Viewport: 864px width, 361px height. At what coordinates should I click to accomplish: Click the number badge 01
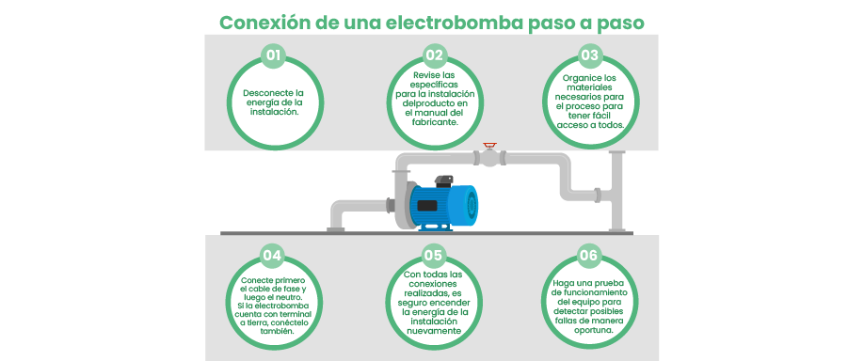[273, 55]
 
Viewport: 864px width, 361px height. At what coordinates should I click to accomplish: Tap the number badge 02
[434, 55]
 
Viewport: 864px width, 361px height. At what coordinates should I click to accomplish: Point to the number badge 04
[273, 255]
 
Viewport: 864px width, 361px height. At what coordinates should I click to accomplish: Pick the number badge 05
[434, 255]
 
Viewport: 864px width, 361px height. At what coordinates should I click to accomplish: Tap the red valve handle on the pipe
[488, 146]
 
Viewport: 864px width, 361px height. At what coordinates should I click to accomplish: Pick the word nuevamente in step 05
[434, 331]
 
